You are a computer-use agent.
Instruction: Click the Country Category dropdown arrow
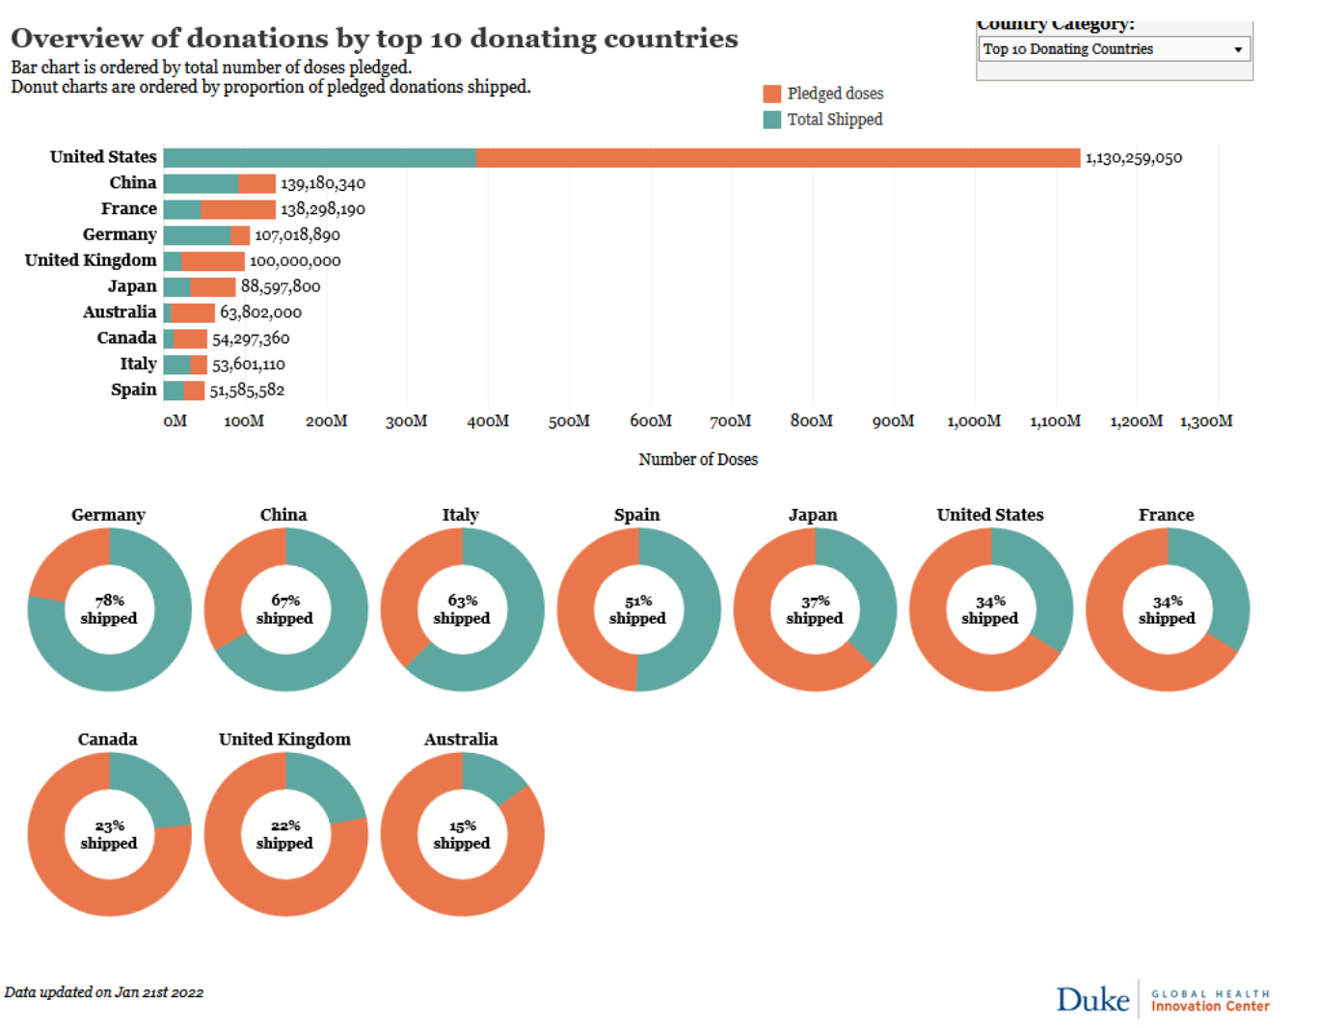[1238, 49]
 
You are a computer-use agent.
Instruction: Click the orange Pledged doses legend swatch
[771, 94]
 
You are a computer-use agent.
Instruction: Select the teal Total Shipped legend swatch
[771, 120]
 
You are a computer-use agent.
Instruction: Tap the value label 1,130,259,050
[1133, 158]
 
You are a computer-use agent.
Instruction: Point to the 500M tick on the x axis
[569, 421]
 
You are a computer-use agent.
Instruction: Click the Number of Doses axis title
[698, 460]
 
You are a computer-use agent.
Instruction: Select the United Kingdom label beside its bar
[91, 260]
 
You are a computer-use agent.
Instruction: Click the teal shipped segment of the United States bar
[319, 158]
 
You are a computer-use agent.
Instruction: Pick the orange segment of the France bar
[237, 209]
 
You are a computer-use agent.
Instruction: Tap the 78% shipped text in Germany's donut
[109, 609]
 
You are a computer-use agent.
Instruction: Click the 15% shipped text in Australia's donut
[462, 834]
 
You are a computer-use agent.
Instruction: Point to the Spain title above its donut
[637, 515]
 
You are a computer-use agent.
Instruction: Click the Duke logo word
[1092, 1000]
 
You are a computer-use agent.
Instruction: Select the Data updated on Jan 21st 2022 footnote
[104, 992]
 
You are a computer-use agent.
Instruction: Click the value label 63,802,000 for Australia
[260, 312]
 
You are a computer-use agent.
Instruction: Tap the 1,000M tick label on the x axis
[974, 421]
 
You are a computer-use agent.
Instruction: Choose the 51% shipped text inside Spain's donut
[637, 609]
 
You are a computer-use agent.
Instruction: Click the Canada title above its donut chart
[108, 740]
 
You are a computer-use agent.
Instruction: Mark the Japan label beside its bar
[132, 286]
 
